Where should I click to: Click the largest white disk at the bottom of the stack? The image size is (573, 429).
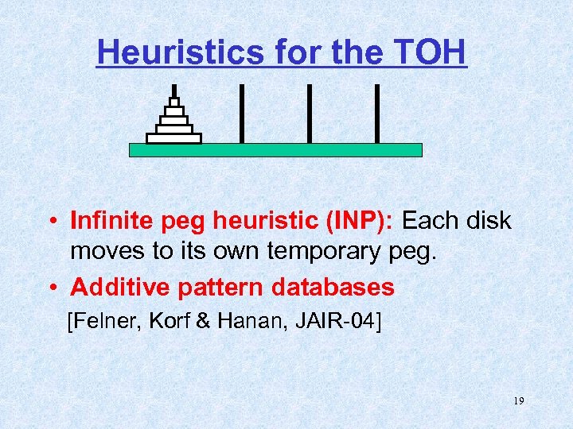point(173,138)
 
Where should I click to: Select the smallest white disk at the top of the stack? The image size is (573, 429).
point(173,102)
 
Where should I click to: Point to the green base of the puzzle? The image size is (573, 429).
point(275,150)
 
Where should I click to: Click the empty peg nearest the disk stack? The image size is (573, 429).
point(241,113)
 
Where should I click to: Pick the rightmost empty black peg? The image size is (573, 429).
point(376,113)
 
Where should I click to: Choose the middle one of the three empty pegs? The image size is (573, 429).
point(309,113)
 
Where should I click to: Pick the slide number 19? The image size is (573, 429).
point(518,402)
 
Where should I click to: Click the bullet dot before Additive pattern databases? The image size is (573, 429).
point(50,288)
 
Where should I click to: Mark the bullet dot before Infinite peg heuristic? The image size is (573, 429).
point(50,221)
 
